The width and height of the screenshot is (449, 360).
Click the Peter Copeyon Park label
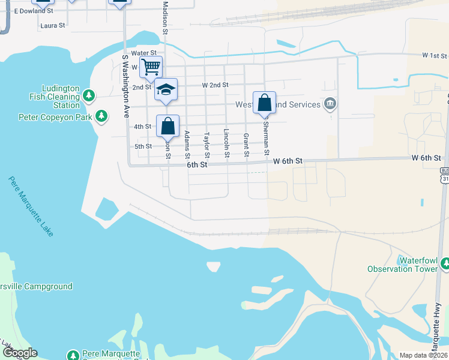click(55, 117)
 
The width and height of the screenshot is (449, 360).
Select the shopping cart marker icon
click(151, 66)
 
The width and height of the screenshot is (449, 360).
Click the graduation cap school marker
click(166, 90)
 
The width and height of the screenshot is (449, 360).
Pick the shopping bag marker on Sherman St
click(264, 103)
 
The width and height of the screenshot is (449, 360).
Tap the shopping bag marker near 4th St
click(168, 126)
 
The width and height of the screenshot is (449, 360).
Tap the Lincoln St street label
click(227, 143)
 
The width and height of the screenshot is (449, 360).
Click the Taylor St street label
click(207, 146)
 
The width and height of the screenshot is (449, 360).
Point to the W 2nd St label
click(215, 85)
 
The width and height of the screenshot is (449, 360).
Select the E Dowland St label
click(34, 11)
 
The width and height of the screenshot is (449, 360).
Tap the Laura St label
click(52, 26)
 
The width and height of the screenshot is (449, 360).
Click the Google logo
click(20, 353)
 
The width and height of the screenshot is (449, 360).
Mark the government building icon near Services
click(330, 104)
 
